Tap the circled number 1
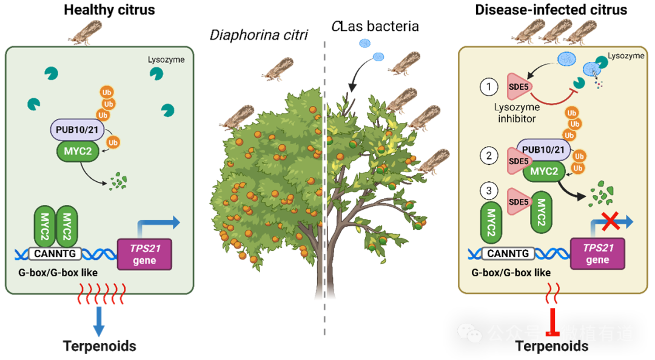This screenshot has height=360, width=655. coord(489,87)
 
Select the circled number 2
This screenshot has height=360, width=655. coord(489,156)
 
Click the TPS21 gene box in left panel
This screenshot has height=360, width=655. coord(145,254)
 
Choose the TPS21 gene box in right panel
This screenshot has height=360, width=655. coord(597,254)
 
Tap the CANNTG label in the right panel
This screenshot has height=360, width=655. coord(509,254)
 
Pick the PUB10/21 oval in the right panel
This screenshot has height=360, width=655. coord(543,150)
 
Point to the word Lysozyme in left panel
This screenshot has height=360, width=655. coord(166,60)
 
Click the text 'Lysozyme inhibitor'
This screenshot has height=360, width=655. coord(517,113)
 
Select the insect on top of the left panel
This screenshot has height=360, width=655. coord(84,33)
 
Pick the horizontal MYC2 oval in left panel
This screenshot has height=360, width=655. coord(77,151)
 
